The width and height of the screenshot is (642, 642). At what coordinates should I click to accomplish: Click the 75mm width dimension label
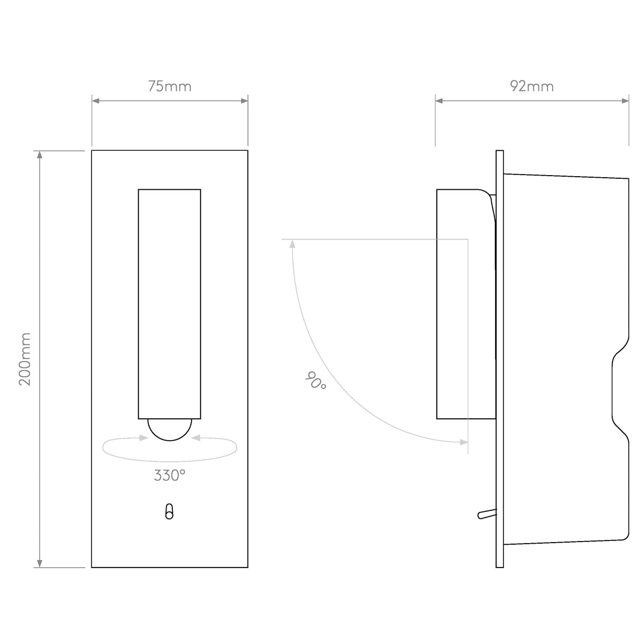pyautogui.click(x=169, y=86)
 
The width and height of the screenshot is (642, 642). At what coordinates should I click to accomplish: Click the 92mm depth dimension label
pyautogui.click(x=532, y=86)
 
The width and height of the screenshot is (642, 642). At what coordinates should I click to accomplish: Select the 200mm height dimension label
pyautogui.click(x=25, y=359)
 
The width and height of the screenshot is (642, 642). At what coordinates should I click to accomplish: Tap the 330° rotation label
pyautogui.click(x=169, y=475)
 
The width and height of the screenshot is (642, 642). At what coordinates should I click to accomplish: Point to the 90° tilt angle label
pyautogui.click(x=316, y=381)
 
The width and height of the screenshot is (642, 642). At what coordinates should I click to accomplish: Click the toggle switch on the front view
pyautogui.click(x=169, y=512)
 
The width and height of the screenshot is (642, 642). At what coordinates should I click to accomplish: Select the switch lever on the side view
pyautogui.click(x=486, y=513)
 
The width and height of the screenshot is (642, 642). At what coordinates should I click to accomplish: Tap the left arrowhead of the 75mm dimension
pyautogui.click(x=96, y=100)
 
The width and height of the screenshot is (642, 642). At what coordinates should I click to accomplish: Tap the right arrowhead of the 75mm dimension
pyautogui.click(x=244, y=100)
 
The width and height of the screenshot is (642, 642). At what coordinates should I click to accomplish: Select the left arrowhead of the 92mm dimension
pyautogui.click(x=439, y=100)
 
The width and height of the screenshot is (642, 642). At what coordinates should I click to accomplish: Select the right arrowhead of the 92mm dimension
pyautogui.click(x=625, y=100)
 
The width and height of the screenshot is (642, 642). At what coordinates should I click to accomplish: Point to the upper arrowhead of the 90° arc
pyautogui.click(x=291, y=243)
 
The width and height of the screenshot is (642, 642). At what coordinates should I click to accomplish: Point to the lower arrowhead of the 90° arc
pyautogui.click(x=464, y=442)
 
